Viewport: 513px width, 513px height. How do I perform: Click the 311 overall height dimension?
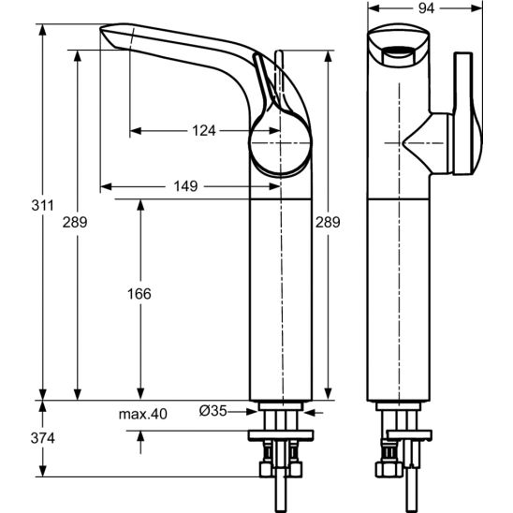[x=42, y=205]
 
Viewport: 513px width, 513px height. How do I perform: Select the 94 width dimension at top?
[x=426, y=8]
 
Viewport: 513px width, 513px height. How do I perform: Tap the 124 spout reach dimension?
[x=204, y=130]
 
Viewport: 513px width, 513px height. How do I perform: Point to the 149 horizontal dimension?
[x=185, y=186]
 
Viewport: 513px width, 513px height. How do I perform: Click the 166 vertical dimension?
[x=139, y=294]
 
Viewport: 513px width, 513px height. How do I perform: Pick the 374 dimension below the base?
[x=42, y=438]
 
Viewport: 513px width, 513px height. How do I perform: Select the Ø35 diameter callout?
[x=213, y=411]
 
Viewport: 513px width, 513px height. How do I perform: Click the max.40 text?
[x=142, y=414]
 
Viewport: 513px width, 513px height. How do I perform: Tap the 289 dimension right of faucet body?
[x=328, y=222]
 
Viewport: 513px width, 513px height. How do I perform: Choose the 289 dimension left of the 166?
[x=75, y=222]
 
